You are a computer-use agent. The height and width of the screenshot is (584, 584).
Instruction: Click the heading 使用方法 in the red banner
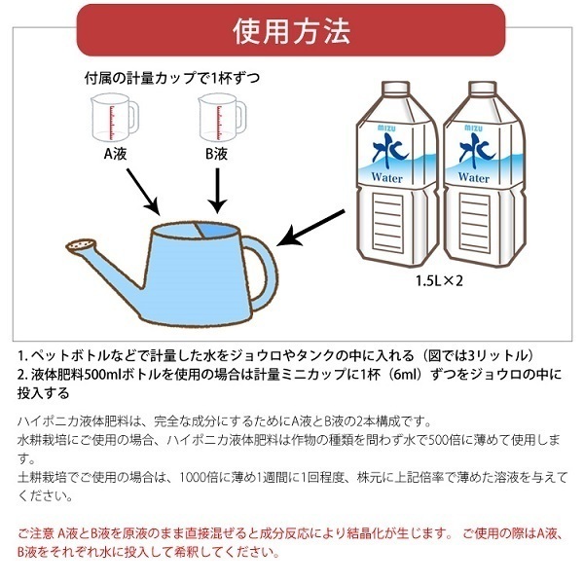[292, 32]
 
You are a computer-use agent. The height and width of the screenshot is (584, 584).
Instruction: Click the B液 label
[216, 154]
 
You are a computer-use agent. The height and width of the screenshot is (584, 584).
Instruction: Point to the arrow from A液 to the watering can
[140, 193]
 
